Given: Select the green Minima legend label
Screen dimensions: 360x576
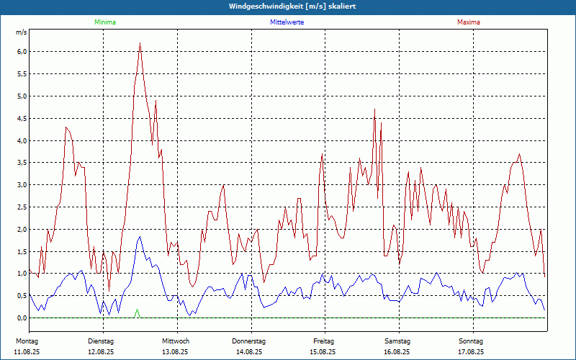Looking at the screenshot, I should coord(104,22).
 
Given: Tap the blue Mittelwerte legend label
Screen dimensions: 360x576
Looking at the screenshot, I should coord(287,22).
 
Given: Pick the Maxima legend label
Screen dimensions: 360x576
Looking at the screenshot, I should coord(469,22).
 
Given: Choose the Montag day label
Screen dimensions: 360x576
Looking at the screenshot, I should coord(27,341).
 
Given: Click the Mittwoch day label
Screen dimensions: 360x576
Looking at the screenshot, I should coord(175,341).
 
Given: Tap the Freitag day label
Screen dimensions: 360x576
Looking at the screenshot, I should coord(324,341).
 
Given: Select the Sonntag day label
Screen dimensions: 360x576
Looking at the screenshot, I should coord(470,341).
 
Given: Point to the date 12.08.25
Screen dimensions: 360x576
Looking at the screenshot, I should coord(101,352).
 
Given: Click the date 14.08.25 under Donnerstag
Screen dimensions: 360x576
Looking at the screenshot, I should coord(249,352).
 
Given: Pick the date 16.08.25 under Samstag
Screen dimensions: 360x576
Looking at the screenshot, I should coord(397,352).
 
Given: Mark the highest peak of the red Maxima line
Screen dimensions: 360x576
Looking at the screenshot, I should coord(140,43).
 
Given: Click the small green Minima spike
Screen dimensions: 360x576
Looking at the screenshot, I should coord(137,311).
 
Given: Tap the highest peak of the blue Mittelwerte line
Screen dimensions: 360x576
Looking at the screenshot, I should coord(140,237).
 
